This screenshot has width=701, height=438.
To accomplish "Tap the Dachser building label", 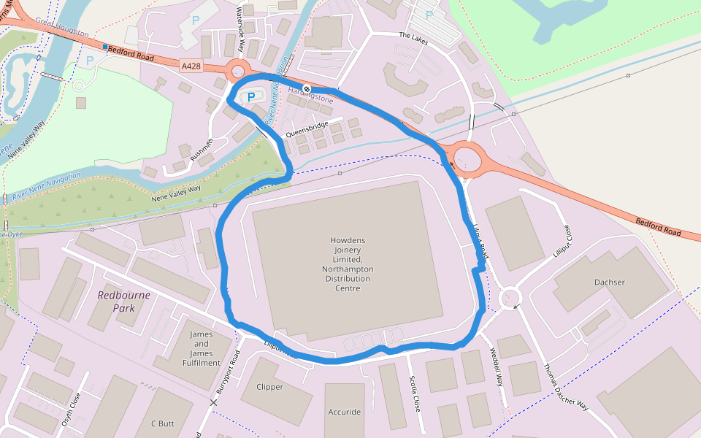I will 610,283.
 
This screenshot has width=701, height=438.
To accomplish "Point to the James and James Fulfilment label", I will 202,348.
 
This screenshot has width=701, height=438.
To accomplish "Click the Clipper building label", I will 269,387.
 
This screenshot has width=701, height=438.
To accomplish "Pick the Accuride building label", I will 344,412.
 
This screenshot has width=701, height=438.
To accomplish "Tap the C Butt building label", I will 163,423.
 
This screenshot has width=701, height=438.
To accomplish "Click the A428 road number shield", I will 191,66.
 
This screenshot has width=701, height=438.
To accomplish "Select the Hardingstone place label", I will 310,99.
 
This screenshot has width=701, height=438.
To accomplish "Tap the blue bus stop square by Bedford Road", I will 105,47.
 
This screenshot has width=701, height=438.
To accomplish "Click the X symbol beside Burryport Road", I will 214,402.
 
